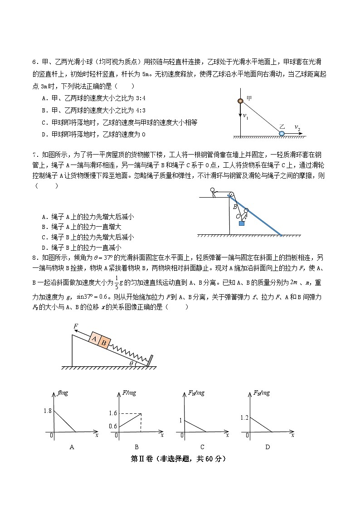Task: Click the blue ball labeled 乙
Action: pyautogui.click(x=282, y=133)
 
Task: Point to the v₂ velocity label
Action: pyautogui.click(x=297, y=128)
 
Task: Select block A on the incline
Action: pyautogui.click(x=94, y=339)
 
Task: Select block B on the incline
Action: pyautogui.click(x=104, y=343)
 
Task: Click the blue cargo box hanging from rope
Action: pyautogui.click(x=242, y=223)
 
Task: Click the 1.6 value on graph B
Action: pyautogui.click(x=113, y=413)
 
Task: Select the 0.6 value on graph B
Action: pyautogui.click(x=113, y=426)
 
